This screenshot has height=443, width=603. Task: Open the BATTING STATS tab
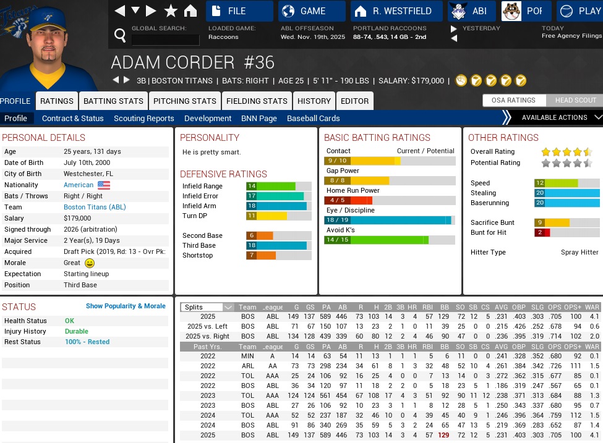point(113,101)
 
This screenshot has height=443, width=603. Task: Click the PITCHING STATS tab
point(185,101)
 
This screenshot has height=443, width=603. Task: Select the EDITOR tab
point(354,101)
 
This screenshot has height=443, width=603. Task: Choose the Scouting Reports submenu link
point(144,118)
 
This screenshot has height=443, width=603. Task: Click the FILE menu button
point(239,11)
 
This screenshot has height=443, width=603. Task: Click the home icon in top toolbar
point(190,11)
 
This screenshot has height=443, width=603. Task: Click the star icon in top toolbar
point(171,11)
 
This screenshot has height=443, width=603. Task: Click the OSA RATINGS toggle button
point(513,100)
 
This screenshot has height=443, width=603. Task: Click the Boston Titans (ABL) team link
point(95,207)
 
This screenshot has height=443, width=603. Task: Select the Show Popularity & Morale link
point(126,306)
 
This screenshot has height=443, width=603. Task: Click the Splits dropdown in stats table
point(207,307)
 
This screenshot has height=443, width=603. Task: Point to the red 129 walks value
point(443,436)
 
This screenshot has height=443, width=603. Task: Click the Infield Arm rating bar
point(278,206)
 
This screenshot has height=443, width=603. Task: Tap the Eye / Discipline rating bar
point(390,220)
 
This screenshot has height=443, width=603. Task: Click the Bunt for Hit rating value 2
point(540,232)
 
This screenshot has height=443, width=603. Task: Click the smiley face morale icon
point(90,263)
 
